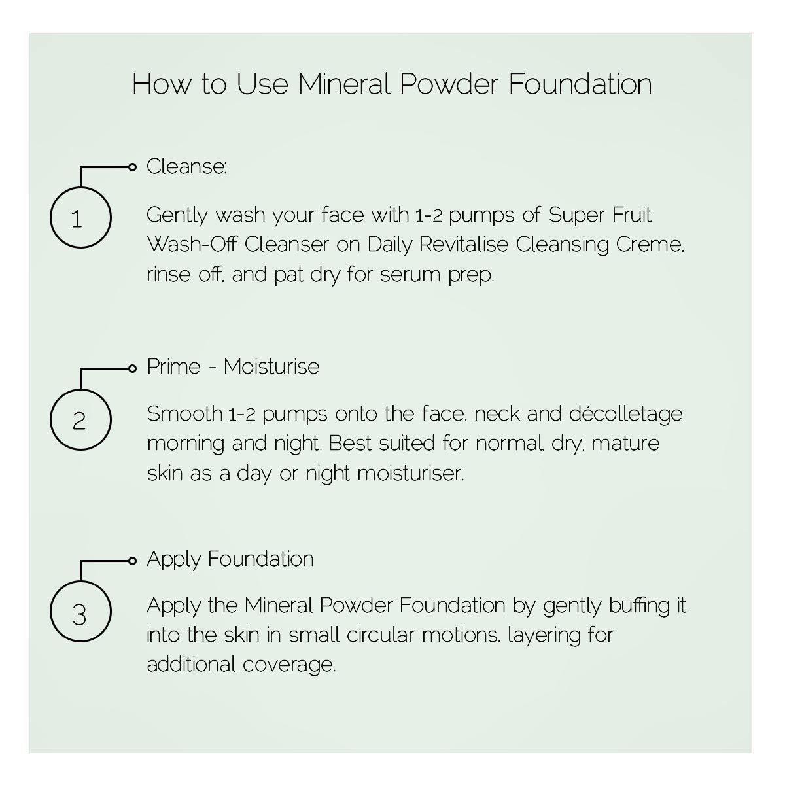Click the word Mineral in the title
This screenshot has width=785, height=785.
[x=343, y=84]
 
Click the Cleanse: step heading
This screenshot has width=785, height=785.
[x=186, y=166]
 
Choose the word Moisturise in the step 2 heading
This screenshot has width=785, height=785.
[x=271, y=366]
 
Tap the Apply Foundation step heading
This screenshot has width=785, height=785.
[x=230, y=559]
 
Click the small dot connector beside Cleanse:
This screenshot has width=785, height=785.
[x=132, y=167]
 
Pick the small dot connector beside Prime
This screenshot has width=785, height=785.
[x=132, y=369]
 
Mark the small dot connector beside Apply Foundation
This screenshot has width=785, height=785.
[x=132, y=561]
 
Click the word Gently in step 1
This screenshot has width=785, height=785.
[x=177, y=215]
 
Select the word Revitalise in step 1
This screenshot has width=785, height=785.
[x=464, y=245]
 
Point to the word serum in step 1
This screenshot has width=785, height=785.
[x=411, y=275]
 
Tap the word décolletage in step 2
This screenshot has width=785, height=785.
[x=625, y=415]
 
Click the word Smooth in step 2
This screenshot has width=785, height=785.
[x=184, y=414]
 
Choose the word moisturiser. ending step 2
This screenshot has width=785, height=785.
[x=411, y=474]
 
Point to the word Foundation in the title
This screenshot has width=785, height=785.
[x=580, y=84]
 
